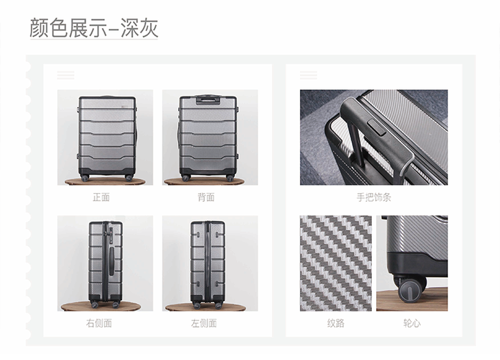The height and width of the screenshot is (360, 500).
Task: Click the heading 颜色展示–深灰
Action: [x=94, y=28]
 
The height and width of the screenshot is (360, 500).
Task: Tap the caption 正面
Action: [x=101, y=198]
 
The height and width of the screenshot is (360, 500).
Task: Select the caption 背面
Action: [x=206, y=198]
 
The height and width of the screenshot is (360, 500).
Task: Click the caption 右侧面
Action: [x=99, y=323]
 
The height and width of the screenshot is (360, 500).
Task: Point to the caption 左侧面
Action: [x=203, y=323]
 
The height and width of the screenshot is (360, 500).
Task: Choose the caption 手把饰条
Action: [x=374, y=198]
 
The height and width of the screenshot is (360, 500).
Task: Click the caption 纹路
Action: [x=336, y=323]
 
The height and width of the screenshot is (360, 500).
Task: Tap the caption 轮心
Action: [x=412, y=323]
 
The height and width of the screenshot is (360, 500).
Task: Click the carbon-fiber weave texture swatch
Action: [x=336, y=263]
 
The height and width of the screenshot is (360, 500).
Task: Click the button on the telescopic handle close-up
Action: [x=377, y=127]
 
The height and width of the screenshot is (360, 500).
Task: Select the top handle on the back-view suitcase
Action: [x=208, y=99]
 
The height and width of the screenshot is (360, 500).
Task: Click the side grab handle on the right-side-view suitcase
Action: [x=112, y=261]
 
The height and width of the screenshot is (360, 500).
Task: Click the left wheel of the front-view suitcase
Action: [x=85, y=178]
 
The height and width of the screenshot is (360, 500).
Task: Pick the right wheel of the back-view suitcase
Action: [x=229, y=178]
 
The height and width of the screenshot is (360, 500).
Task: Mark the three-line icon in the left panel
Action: [x=66, y=75]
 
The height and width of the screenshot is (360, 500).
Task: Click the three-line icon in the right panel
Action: [x=308, y=75]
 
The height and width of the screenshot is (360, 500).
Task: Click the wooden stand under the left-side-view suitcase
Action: [x=205, y=307]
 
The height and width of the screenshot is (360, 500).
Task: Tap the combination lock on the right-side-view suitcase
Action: [x=111, y=232]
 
